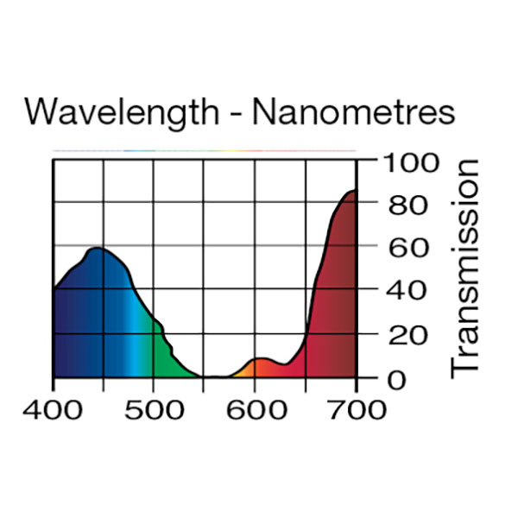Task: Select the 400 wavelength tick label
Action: click(54, 408)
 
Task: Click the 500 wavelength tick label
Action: click(154, 408)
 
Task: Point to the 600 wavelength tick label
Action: click(255, 408)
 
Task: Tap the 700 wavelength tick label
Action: click(356, 408)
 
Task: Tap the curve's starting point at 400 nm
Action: click(54, 289)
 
